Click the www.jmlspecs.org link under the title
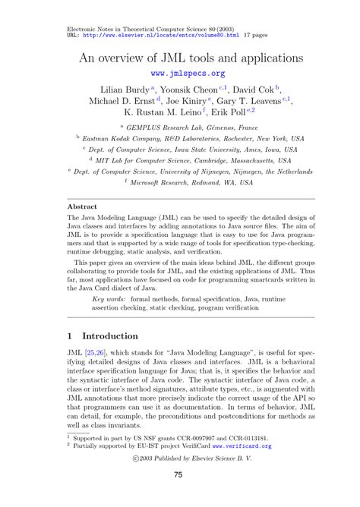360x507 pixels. pos(188,74)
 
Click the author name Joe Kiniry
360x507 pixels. pos(183,101)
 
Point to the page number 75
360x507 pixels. pos(179,474)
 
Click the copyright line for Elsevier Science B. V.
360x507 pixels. pos(179,458)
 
